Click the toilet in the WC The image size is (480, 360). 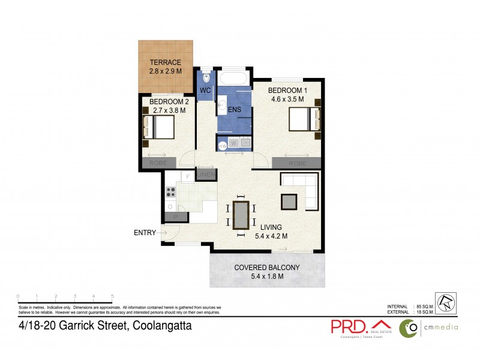pos(205,77)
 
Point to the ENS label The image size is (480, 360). pos(235,109)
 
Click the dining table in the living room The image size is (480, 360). pos(241,215)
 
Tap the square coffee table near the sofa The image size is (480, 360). pos(289,201)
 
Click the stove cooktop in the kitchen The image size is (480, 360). pos(170,192)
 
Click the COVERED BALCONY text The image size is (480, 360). pos(267,268)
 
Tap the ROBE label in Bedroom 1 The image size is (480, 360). pos(298,163)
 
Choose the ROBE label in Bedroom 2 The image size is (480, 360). pos(158,163)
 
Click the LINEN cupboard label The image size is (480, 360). pos(206,175)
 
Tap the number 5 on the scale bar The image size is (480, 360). pos(112,296)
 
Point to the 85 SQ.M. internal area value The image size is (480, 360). pos(427,307)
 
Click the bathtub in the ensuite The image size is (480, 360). pos(233,79)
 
